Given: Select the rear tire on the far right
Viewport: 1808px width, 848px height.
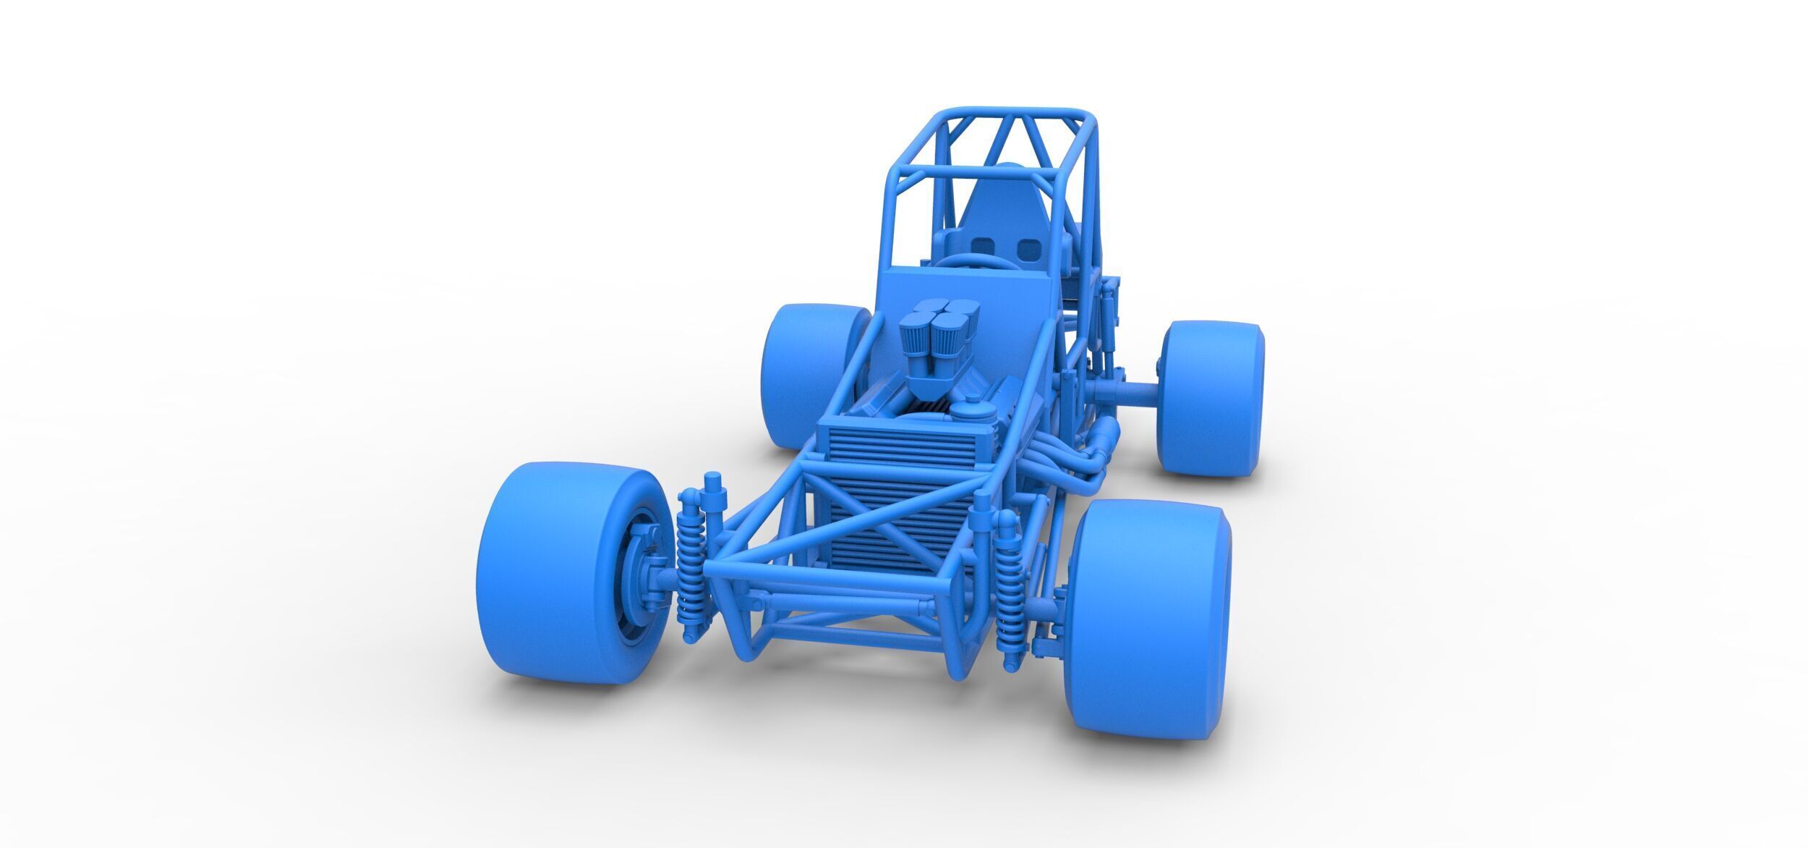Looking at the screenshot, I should (1211, 398).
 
